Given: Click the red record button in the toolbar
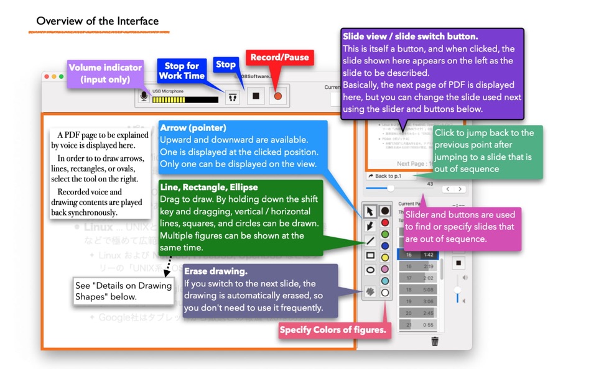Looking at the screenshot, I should (278, 96).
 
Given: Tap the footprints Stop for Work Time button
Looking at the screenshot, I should (233, 96).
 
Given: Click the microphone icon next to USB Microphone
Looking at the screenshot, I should (144, 96).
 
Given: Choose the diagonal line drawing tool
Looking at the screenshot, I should (370, 240).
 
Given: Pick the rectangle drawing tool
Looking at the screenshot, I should (370, 255).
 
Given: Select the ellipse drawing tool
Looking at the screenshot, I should (370, 270).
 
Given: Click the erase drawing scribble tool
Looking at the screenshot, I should (370, 291).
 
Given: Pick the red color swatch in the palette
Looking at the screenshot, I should (385, 222).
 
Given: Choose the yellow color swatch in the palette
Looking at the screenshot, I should (385, 258).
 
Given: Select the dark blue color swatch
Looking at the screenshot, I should (385, 246).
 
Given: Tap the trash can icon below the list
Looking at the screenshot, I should (435, 341).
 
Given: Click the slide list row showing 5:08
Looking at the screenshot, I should (417, 289).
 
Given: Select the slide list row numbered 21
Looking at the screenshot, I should (417, 324).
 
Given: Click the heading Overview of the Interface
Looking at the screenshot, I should (97, 21).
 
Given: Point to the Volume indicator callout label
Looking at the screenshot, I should (105, 73).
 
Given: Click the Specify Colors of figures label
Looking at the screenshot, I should (332, 330).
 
